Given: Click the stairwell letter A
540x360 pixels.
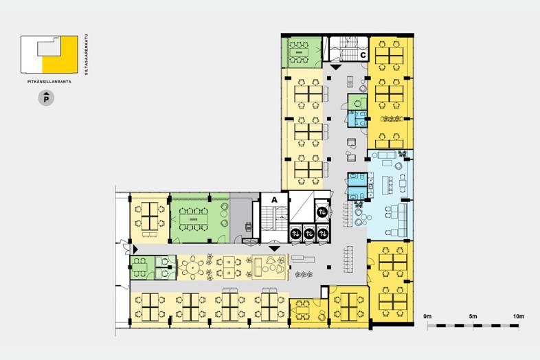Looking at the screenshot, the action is [275, 200].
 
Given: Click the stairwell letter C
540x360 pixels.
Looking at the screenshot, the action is [363, 55].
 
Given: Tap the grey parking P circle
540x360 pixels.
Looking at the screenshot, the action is [46, 98].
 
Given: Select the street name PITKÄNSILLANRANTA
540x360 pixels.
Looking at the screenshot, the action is [49, 82].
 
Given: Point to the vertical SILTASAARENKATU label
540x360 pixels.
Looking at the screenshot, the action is [86, 54].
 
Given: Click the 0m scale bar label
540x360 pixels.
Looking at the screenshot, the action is [427, 317].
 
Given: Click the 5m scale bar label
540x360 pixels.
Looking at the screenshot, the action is [473, 317].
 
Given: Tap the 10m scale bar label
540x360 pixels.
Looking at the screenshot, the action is [518, 317].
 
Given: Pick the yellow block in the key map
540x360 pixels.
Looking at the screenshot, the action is [60, 54].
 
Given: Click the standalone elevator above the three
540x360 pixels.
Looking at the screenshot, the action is [323, 212].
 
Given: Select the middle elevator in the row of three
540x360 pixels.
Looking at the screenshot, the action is [309, 234].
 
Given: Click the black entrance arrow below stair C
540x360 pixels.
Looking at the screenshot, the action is [336, 67].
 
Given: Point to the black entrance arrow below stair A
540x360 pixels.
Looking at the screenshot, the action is [275, 249].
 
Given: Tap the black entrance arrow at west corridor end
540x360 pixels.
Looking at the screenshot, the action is [135, 249].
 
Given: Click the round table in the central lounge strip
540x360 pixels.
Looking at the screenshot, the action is [193, 267].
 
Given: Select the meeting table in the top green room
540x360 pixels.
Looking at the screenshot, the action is [300, 52].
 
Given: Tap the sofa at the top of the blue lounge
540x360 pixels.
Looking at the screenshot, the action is [386, 155].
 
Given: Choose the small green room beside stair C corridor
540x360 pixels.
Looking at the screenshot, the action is [357, 102].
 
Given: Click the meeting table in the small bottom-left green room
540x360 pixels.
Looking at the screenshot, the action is [139, 267].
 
